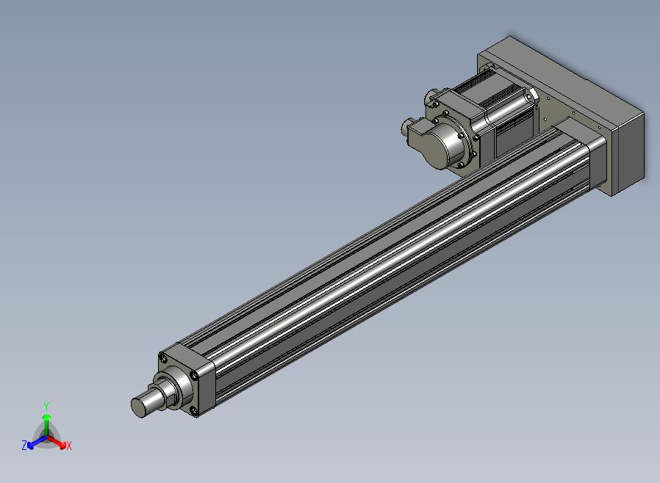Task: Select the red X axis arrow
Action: click(x=57, y=442)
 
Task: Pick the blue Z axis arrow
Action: click(x=37, y=442)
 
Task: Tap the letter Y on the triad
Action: click(x=46, y=407)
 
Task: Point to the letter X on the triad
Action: click(x=69, y=446)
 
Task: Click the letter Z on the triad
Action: click(x=24, y=445)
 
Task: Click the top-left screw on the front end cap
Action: click(x=164, y=358)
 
